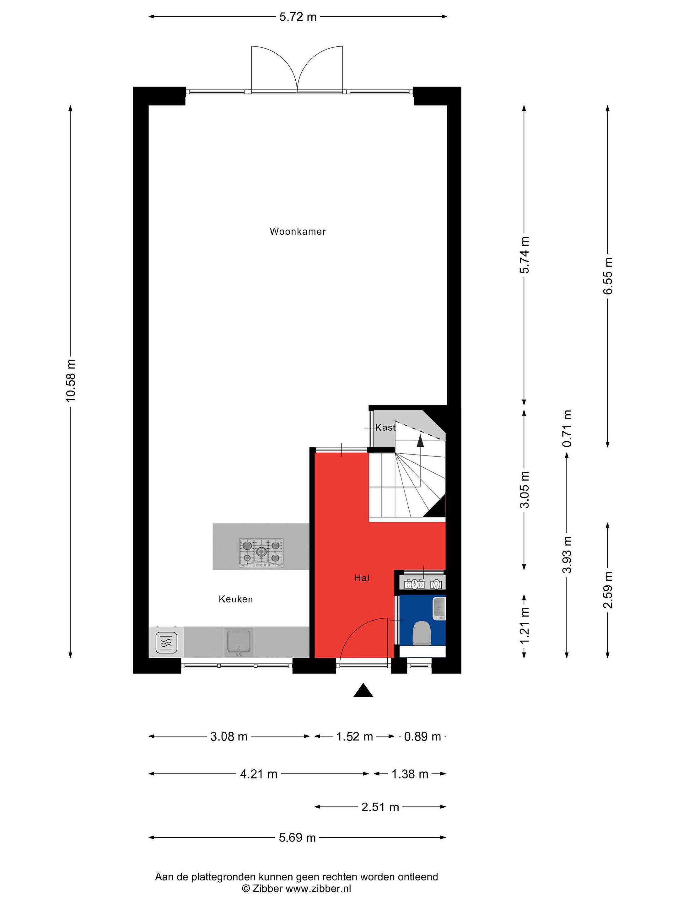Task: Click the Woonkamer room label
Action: (298, 231)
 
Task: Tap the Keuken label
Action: (236, 599)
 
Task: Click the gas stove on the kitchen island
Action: (261, 552)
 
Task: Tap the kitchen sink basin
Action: (239, 642)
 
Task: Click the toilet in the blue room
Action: (422, 633)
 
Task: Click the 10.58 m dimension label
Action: (71, 380)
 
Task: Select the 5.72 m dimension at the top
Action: (298, 17)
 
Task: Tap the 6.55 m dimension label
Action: (608, 276)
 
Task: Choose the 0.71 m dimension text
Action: (567, 428)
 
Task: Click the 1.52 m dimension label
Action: (354, 736)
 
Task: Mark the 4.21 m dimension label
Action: (259, 774)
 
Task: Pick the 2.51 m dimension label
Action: (380, 807)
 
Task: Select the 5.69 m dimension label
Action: (297, 838)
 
